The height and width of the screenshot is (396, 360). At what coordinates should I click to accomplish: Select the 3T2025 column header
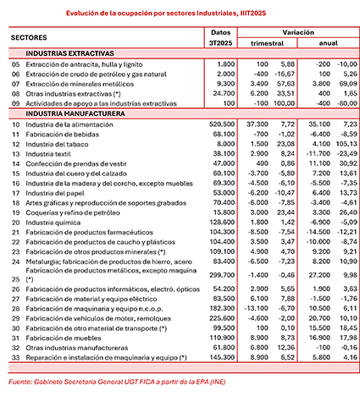pos(219,43)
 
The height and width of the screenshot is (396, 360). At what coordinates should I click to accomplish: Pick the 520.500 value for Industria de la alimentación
pos(221,123)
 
